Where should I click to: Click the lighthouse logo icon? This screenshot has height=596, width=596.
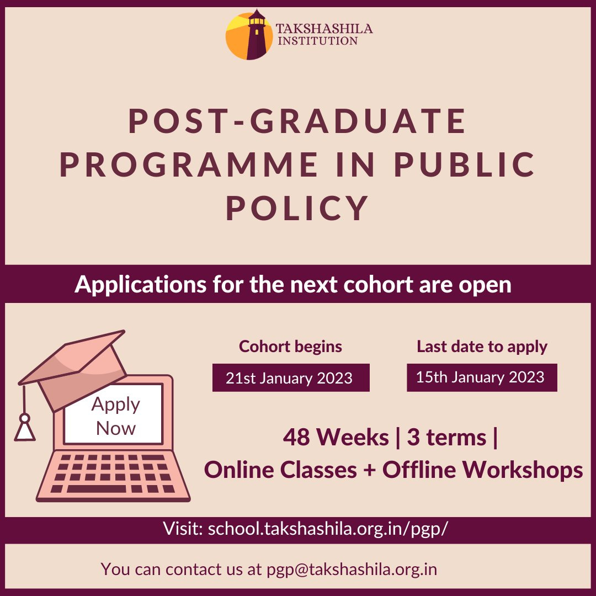click(x=249, y=34)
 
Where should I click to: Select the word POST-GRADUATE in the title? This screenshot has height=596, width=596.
click(x=297, y=122)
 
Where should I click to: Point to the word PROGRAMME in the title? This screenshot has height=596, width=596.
click(x=189, y=165)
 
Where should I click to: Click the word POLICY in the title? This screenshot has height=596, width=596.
click(x=297, y=208)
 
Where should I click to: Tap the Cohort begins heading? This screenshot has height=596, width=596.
click(x=290, y=347)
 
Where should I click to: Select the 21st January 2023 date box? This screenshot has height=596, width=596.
click(x=290, y=378)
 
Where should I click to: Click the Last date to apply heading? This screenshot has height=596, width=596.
click(x=482, y=347)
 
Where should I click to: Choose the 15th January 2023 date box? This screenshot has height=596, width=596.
click(x=482, y=377)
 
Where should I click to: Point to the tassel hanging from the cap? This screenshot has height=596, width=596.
click(x=24, y=426)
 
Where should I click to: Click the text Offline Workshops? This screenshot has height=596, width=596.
click(x=482, y=470)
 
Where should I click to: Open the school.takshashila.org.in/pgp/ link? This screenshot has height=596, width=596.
click(x=328, y=529)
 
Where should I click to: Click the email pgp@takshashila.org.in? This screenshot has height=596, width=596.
click(x=352, y=569)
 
